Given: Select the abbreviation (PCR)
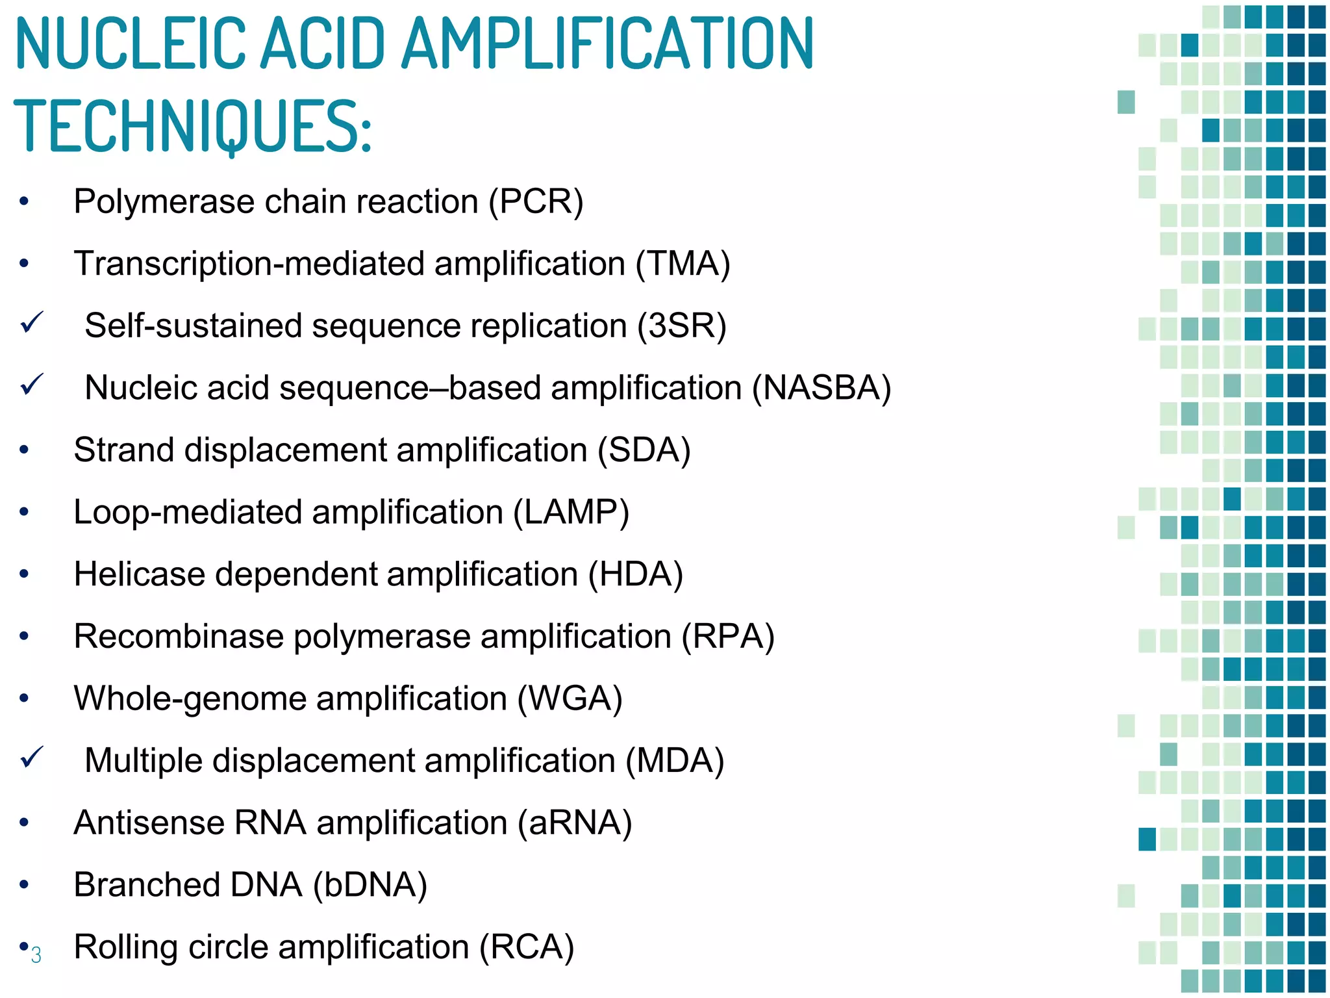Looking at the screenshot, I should pyautogui.click(x=536, y=201).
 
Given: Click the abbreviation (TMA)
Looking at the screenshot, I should pyautogui.click(x=683, y=264).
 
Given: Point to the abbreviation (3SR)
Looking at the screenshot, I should pyautogui.click(x=681, y=326).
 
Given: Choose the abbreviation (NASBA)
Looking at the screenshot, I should pyautogui.click(x=821, y=388).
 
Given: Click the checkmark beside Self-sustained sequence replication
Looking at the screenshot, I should pyautogui.click(x=31, y=322).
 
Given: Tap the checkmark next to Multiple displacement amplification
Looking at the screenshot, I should pyautogui.click(x=31, y=757).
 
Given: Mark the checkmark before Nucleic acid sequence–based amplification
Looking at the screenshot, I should pyautogui.click(x=31, y=384).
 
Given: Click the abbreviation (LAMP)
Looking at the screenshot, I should pyautogui.click(x=571, y=512).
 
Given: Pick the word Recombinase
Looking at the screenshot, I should pyautogui.click(x=179, y=636).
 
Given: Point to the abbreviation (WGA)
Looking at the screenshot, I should pyautogui.click(x=570, y=698).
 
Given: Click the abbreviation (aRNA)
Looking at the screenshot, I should pyautogui.click(x=575, y=823).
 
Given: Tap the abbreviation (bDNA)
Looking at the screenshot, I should pyautogui.click(x=370, y=885).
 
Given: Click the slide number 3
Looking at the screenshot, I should pyautogui.click(x=36, y=955).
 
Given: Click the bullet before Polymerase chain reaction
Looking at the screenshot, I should pyautogui.click(x=24, y=201).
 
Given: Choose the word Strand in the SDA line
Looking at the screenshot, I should pyautogui.click(x=123, y=450).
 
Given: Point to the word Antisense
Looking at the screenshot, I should pyautogui.click(x=149, y=823).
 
